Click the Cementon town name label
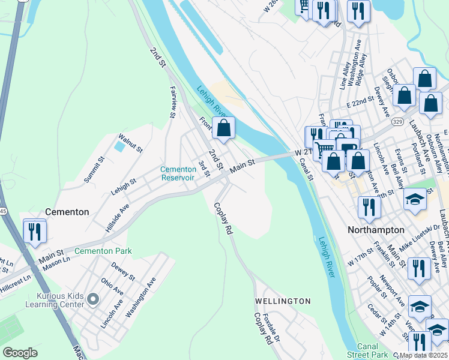tap(67, 212)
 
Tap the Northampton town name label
tap(376, 230)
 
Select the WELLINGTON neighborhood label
tap(283, 301)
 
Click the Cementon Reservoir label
tap(178, 173)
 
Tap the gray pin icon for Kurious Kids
tap(92, 298)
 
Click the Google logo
tap(20, 353)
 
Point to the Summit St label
tap(94, 170)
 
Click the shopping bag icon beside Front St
tap(223, 128)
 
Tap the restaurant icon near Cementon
tap(35, 232)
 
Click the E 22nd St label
tap(364, 104)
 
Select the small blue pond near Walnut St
tap(119, 145)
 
